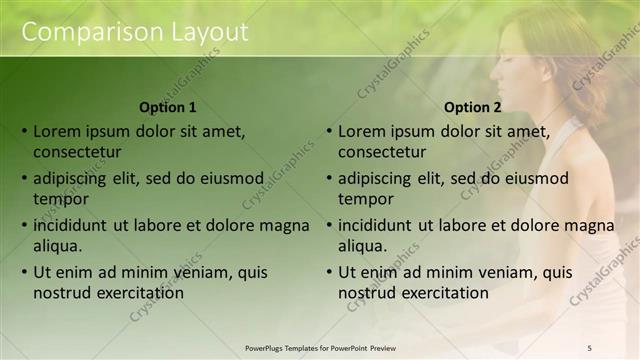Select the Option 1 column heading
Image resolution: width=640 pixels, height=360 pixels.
click(168, 107)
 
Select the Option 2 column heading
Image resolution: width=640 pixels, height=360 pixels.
click(473, 107)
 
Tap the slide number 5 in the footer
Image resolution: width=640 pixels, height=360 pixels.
click(590, 348)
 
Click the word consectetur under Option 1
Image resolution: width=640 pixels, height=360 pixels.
click(77, 152)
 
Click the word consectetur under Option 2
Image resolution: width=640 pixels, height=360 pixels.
click(382, 152)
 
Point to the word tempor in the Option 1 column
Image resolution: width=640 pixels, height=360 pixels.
click(61, 199)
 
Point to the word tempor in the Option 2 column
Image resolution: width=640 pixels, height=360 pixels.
click(366, 199)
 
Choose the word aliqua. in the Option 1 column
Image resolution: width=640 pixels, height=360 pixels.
click(58, 246)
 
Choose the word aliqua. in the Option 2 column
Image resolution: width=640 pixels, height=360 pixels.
click(363, 246)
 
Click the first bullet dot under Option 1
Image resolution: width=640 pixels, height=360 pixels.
click(24, 131)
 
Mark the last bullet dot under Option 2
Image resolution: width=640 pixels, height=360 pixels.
click(329, 272)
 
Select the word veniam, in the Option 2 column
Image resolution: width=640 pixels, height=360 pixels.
click(507, 272)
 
